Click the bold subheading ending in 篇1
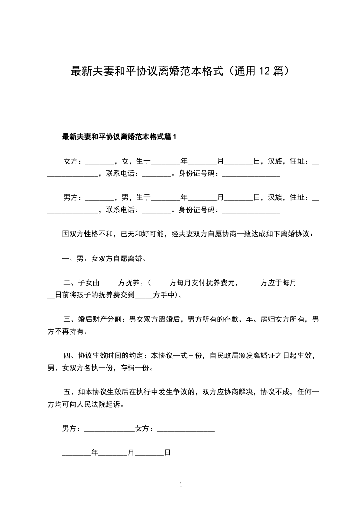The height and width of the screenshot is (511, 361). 119,137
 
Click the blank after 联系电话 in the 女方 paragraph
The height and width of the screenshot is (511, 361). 156,173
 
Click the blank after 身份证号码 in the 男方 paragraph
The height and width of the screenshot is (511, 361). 251,210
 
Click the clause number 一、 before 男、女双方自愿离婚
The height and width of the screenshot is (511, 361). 69,259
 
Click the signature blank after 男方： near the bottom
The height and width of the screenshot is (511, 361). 110,429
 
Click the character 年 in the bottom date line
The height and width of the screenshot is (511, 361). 95,453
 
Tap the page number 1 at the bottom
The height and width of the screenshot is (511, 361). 181,485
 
